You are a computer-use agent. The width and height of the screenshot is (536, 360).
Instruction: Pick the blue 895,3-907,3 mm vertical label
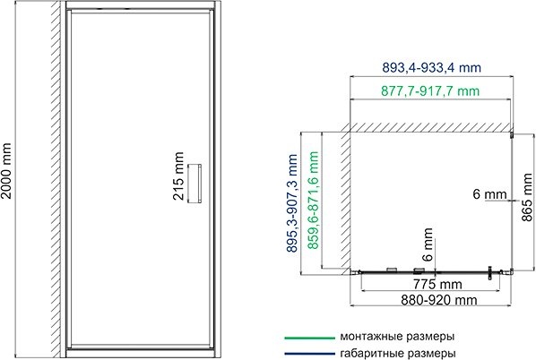(x=293, y=204)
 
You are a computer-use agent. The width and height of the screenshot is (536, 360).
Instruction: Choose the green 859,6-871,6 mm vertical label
(x=313, y=205)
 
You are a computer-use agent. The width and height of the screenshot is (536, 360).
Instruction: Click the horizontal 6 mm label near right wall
(x=492, y=193)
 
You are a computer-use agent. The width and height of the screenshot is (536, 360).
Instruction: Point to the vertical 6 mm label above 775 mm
(x=429, y=247)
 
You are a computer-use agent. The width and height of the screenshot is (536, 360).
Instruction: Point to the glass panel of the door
(x=134, y=134)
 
